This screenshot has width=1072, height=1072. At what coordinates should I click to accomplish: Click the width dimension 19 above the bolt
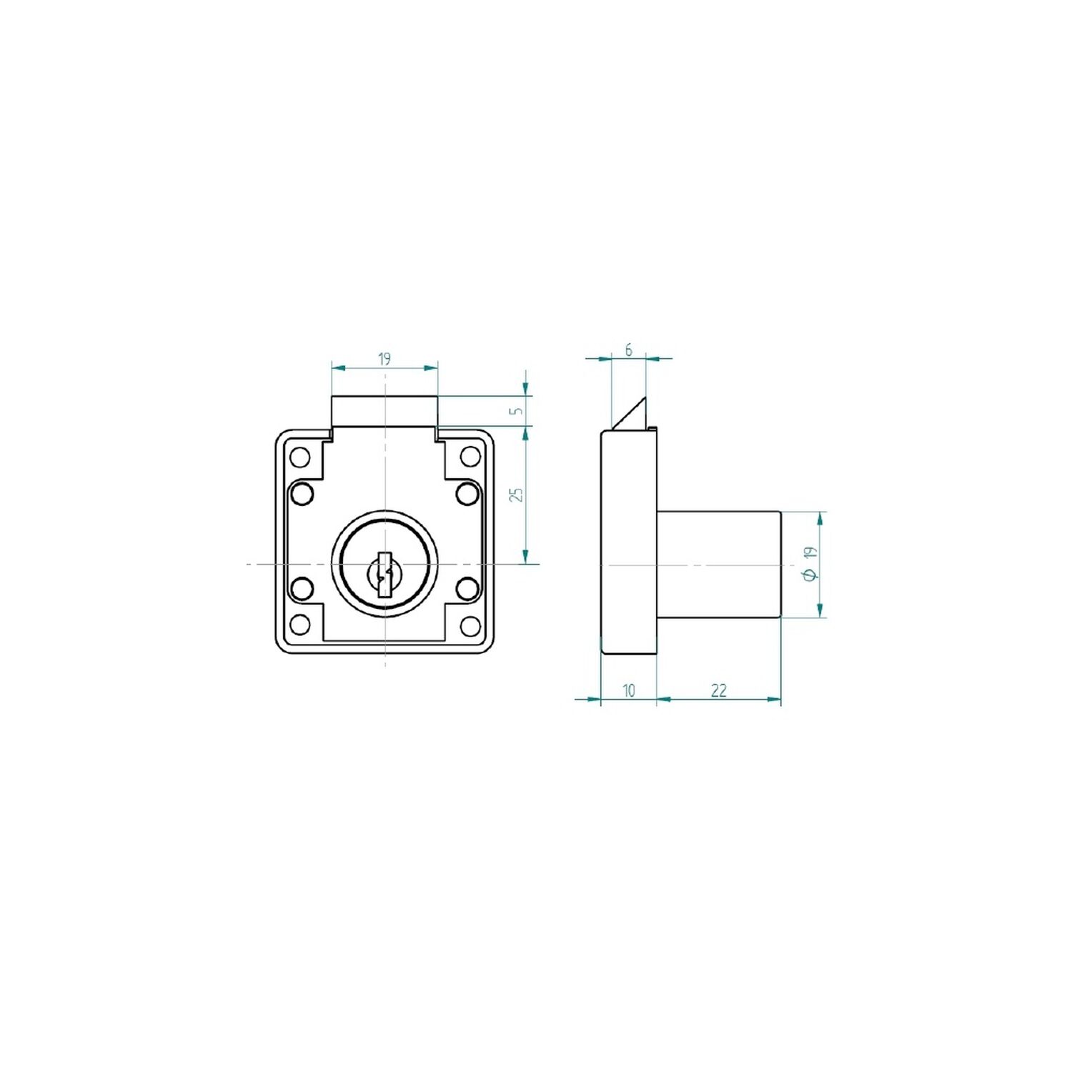384,359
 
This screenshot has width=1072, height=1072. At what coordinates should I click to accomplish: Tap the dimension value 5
519,411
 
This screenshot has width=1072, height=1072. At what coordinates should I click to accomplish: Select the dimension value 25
519,494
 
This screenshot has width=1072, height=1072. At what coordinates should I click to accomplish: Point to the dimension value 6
628,350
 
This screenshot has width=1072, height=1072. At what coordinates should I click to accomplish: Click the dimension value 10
628,690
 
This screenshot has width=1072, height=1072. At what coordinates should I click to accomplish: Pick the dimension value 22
718,690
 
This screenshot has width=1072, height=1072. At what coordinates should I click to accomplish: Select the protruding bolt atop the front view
384,412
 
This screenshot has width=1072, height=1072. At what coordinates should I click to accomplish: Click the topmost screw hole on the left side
300,456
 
